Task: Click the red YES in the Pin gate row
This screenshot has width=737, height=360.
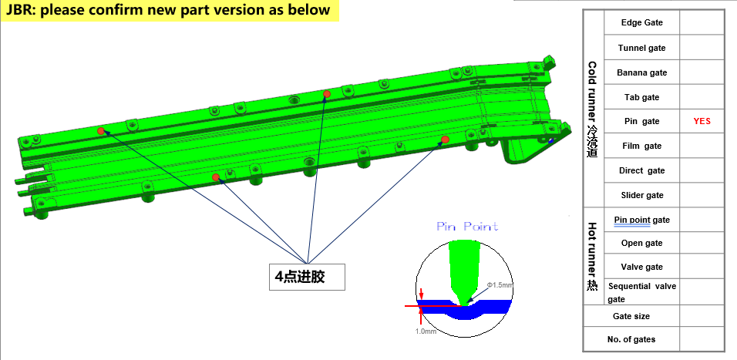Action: pyautogui.click(x=702, y=121)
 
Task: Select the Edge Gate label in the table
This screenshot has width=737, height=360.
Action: pyautogui.click(x=641, y=22)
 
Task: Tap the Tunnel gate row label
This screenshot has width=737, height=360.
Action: pyautogui.click(x=641, y=48)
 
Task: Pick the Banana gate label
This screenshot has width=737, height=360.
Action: pyautogui.click(x=641, y=72)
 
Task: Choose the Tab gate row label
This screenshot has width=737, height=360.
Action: pyautogui.click(x=641, y=97)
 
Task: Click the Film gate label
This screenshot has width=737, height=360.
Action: pyautogui.click(x=641, y=146)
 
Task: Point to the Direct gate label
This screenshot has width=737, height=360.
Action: pyautogui.click(x=641, y=170)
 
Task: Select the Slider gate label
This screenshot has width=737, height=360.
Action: pyautogui.click(x=641, y=195)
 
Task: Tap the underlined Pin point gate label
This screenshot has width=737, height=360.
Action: pyautogui.click(x=641, y=220)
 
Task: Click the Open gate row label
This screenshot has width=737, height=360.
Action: pyautogui.click(x=641, y=243)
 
